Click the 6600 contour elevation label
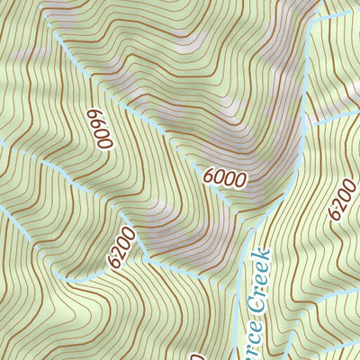100,129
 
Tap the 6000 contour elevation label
224,178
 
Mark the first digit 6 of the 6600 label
94,114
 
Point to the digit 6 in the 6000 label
209,177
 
